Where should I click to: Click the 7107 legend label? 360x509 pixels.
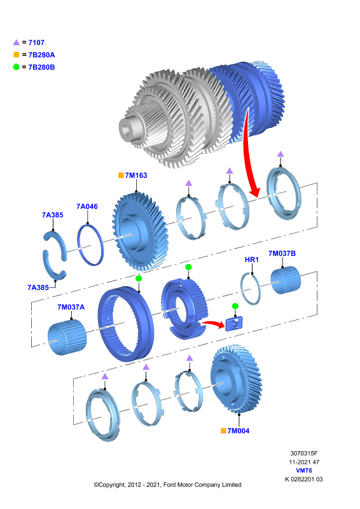(36, 43)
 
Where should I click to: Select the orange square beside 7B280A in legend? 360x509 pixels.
(17, 55)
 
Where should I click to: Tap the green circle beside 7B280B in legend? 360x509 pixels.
(17, 67)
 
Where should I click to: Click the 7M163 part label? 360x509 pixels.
(136, 176)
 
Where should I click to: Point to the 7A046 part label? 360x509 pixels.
(87, 206)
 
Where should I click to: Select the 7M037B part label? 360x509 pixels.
(282, 253)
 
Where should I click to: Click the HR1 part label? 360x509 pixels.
(252, 260)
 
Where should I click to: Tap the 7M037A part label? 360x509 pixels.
(71, 307)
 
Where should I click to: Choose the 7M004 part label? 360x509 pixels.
(239, 431)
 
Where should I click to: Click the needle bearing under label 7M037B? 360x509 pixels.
(286, 280)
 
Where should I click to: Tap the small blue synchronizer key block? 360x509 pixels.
(234, 324)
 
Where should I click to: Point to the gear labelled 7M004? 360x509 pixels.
(236, 379)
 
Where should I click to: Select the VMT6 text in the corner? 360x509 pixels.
(304, 470)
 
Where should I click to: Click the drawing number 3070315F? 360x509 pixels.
(304, 453)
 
